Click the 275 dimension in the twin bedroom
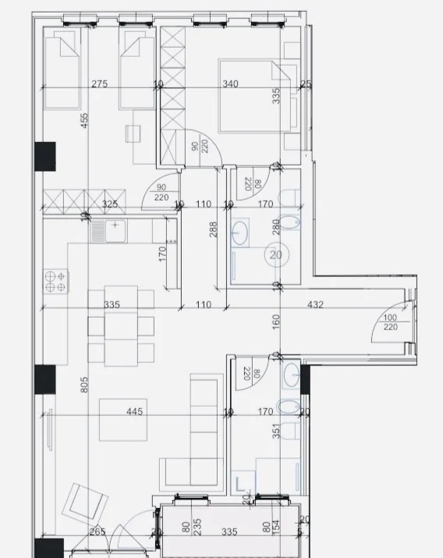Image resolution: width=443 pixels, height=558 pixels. pos(99,84)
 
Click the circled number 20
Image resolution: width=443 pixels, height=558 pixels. pos(275,254)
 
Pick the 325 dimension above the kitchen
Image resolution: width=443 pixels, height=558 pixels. pos(110,204)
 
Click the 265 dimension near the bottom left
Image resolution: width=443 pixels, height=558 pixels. pos(98,533)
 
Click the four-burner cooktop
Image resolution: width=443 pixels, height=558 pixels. pos(56,280)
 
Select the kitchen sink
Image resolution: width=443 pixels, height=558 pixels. pos(107,231)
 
